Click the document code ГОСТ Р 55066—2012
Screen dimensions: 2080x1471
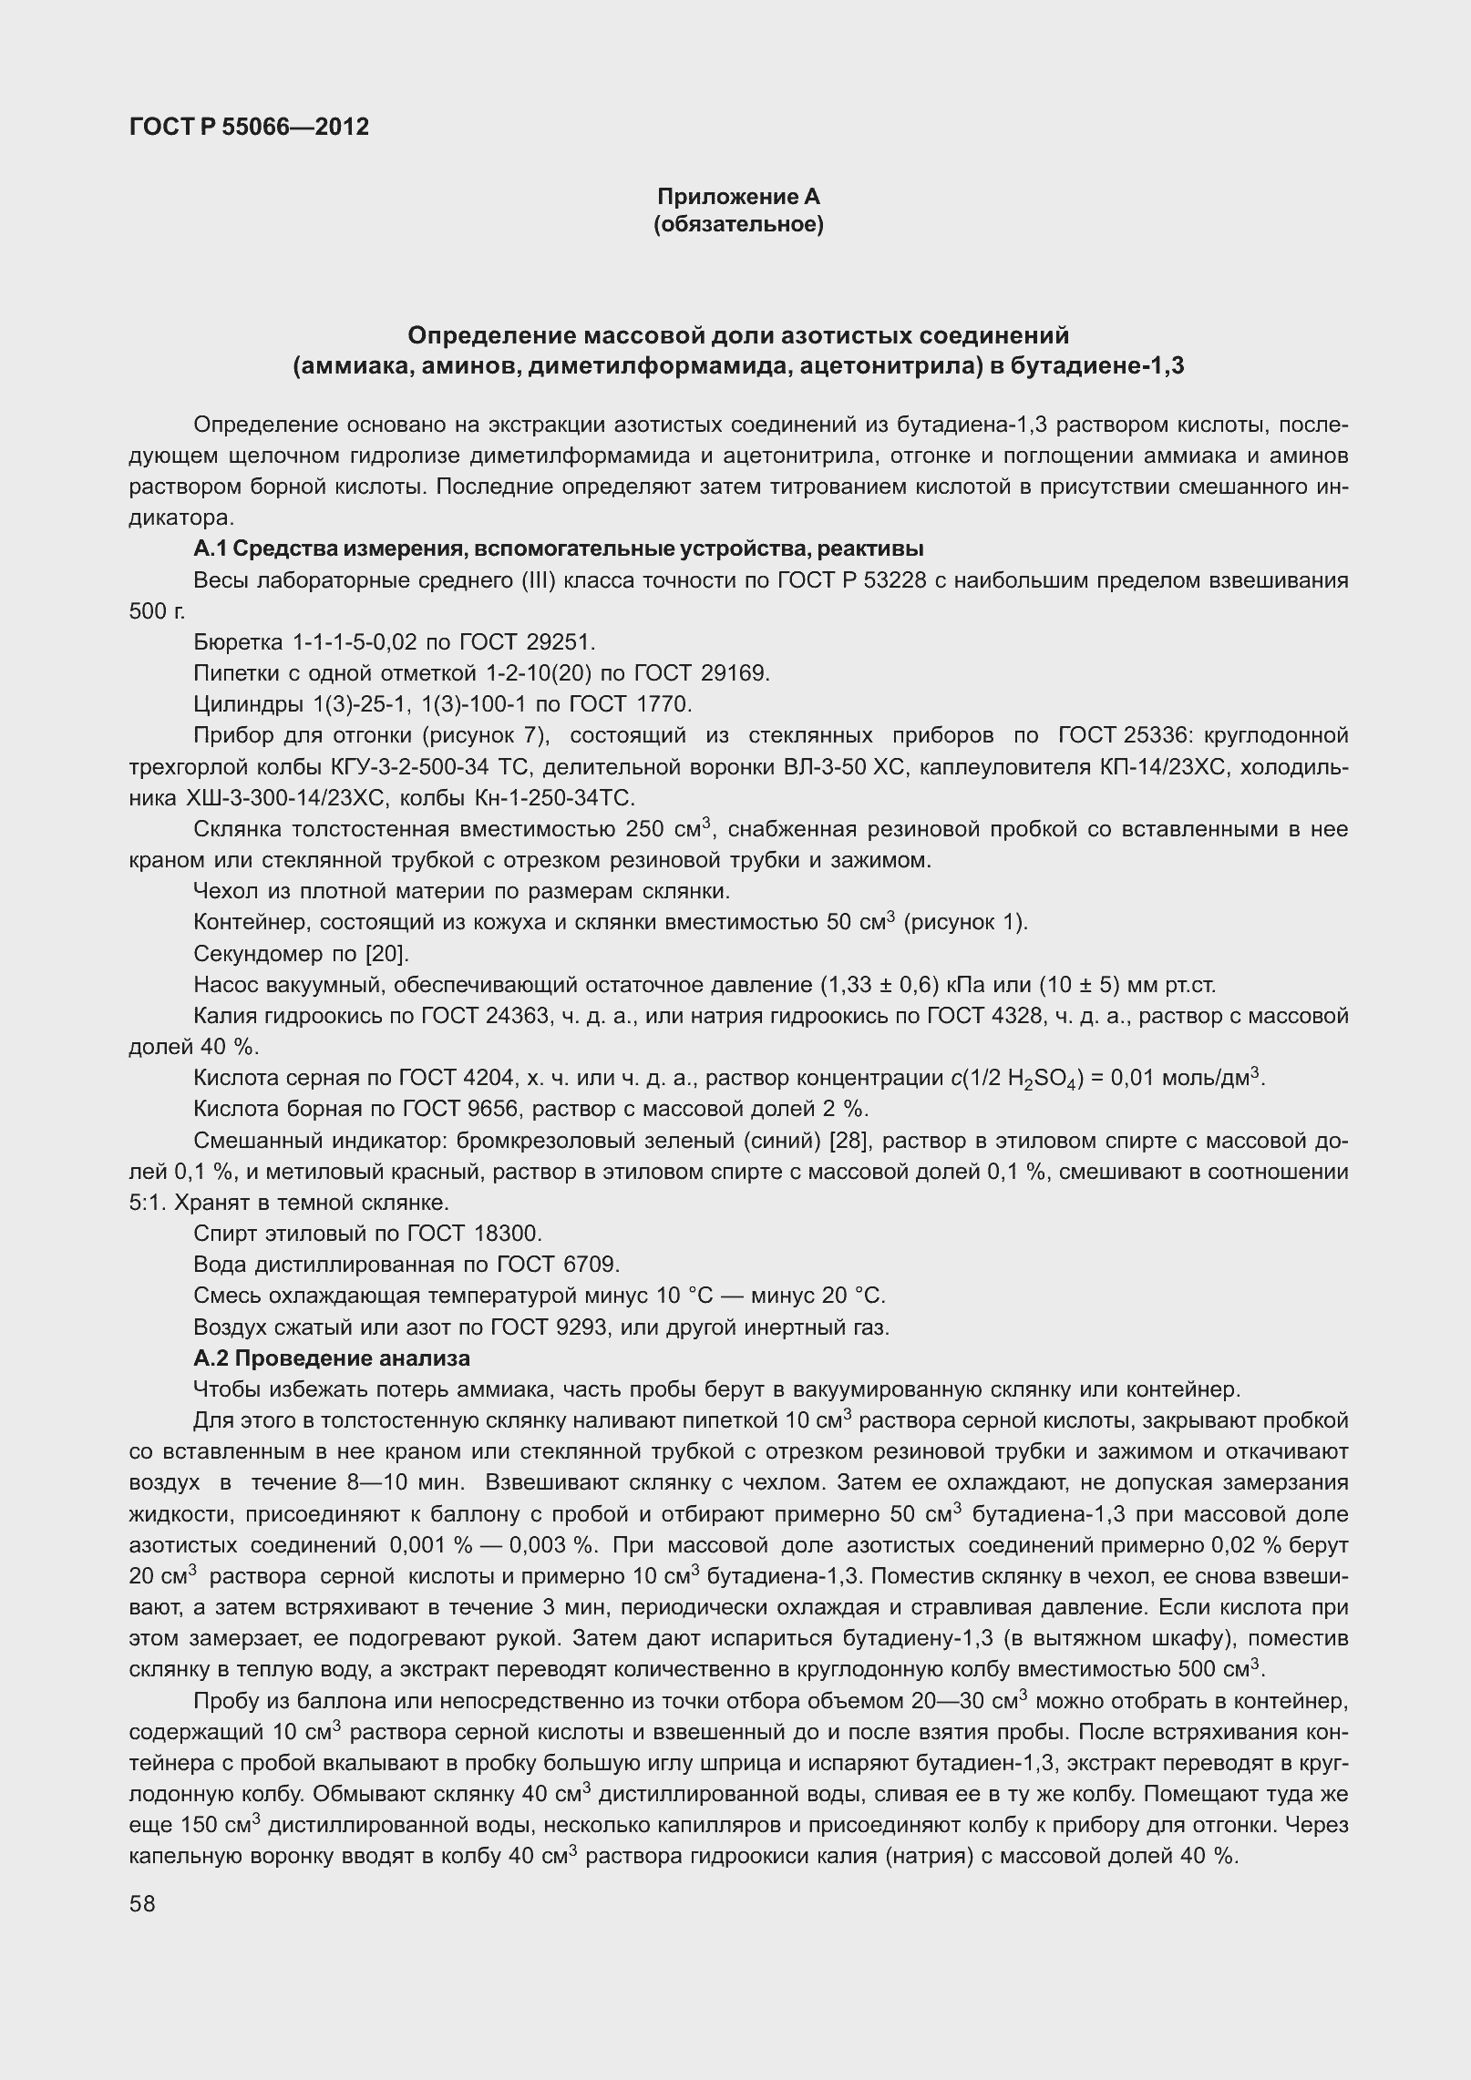click(x=249, y=127)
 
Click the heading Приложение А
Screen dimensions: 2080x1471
click(x=738, y=197)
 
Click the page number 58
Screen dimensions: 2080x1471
click(x=143, y=1903)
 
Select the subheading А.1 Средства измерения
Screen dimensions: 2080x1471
click(x=559, y=548)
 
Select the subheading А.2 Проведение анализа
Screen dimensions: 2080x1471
click(x=332, y=1358)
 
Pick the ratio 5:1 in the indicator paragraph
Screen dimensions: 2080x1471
click(x=145, y=1202)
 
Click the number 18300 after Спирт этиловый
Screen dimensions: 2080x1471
click(x=507, y=1234)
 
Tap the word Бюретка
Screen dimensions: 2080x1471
click(x=239, y=642)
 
